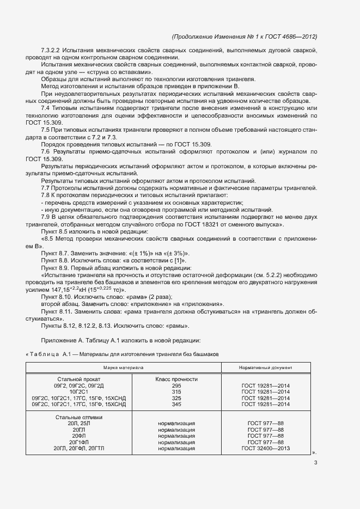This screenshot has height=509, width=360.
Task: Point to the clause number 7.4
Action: pos(45,108)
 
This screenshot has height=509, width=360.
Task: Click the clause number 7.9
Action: pos(45,217)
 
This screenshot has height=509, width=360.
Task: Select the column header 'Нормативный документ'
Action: pos(265,368)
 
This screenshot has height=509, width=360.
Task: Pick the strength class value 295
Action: pos(176,385)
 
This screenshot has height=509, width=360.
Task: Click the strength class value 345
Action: pos(176,404)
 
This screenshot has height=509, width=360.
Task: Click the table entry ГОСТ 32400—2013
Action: pos(265,449)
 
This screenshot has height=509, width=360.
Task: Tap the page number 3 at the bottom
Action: pos(315,463)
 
